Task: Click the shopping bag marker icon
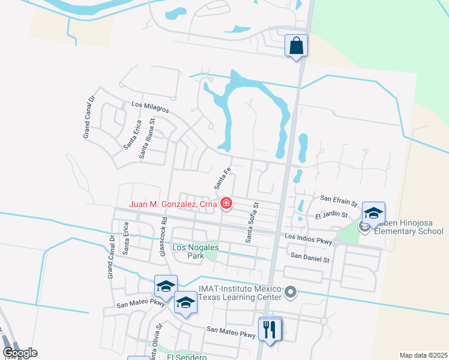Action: (297, 46)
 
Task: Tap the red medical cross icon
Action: (226, 204)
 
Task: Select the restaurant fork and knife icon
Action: (270, 329)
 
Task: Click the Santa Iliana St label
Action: (147, 137)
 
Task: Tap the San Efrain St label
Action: (339, 197)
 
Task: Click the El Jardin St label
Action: (328, 214)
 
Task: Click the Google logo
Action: (19, 353)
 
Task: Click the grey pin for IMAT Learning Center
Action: (291, 293)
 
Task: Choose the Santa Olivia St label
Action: (157, 341)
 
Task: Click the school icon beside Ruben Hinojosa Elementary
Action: (373, 214)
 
